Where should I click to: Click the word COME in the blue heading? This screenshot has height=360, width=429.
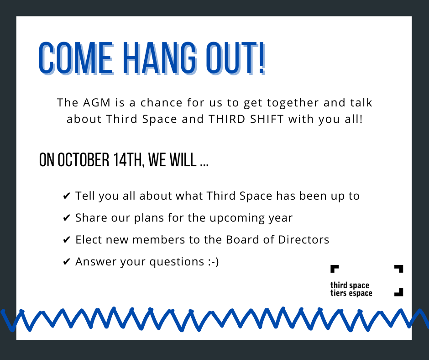tap(76, 58)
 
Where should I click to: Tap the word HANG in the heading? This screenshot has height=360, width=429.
tap(160, 58)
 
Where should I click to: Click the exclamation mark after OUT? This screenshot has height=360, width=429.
tap(262, 58)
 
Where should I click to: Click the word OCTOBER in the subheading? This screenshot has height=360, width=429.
tap(84, 160)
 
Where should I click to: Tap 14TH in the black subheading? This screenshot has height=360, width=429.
tap(129, 160)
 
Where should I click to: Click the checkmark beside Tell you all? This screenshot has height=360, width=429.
tap(67, 196)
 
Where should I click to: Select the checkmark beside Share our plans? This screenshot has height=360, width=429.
tap(67, 218)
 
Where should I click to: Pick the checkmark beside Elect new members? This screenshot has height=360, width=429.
tap(67, 240)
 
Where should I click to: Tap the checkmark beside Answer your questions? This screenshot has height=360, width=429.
tap(67, 262)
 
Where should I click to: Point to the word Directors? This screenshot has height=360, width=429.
tap(303, 240)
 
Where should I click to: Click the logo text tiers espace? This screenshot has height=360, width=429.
tap(351, 293)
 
